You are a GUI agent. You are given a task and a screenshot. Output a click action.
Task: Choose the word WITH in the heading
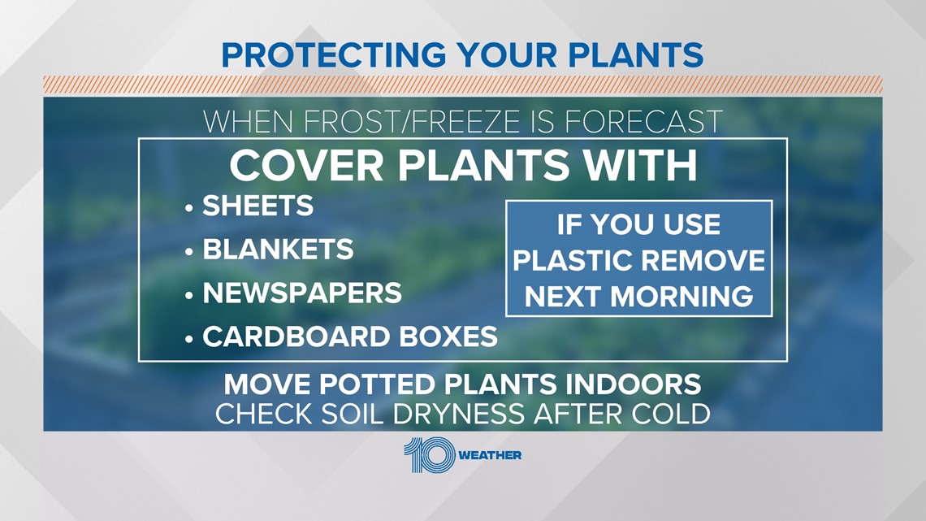tap(641, 165)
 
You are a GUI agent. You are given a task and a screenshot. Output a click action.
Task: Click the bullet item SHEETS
tap(258, 206)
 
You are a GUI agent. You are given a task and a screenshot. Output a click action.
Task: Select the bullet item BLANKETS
tap(278, 250)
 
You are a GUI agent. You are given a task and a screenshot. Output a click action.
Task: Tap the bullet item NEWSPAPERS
tap(302, 293)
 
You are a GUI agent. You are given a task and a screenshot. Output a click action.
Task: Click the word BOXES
tap(448, 336)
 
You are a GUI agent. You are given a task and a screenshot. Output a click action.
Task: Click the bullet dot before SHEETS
tap(189, 208)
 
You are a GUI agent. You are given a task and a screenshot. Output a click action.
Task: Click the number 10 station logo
tap(430, 455)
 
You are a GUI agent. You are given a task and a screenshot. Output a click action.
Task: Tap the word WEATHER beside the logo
tap(490, 455)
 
